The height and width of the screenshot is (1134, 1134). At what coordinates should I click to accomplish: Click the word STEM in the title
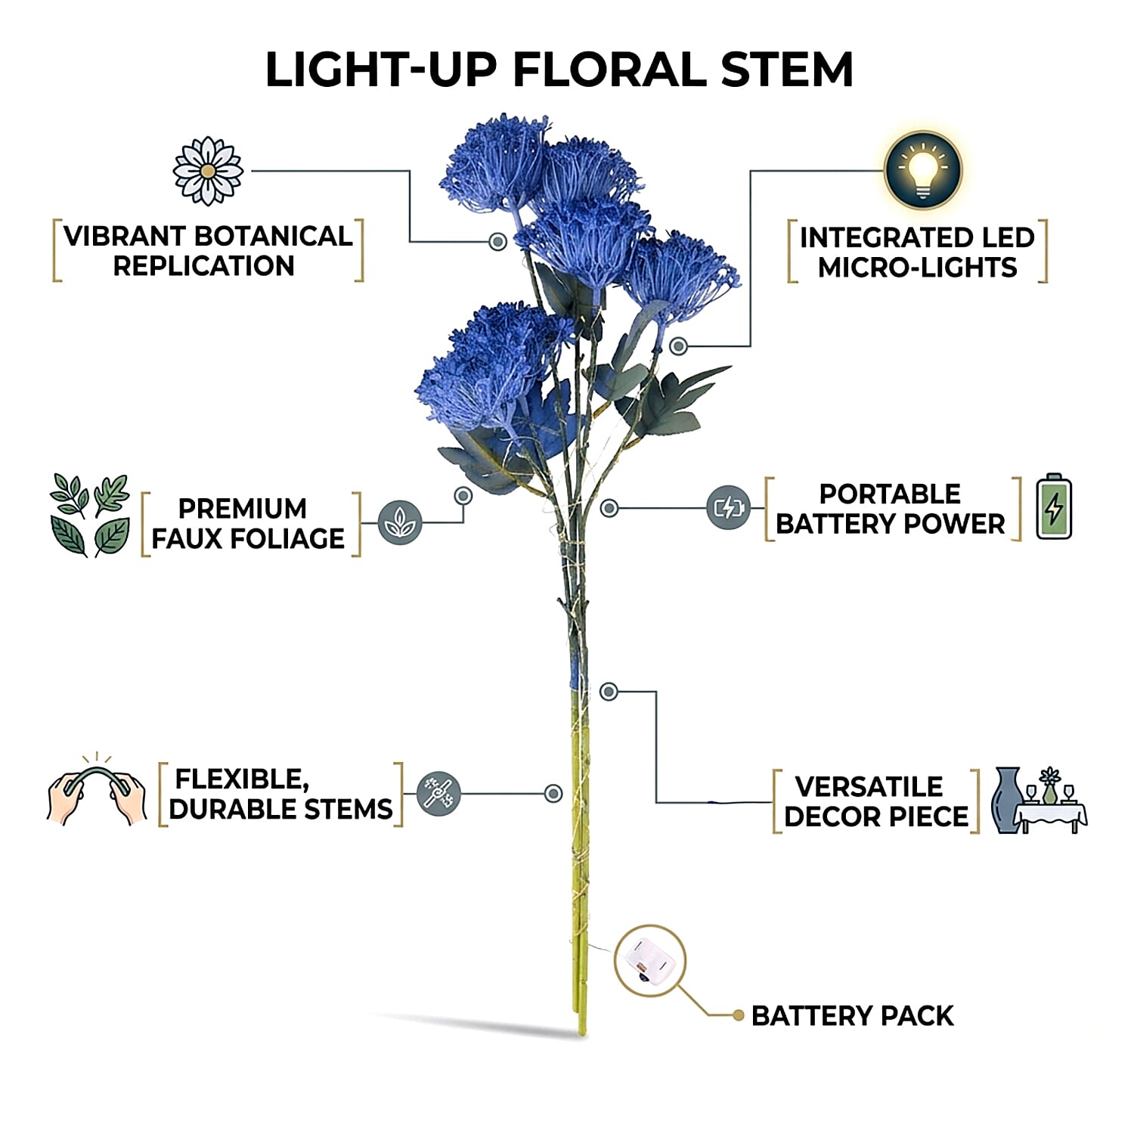(x=786, y=70)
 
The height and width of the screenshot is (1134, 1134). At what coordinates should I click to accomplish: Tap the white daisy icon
(x=208, y=171)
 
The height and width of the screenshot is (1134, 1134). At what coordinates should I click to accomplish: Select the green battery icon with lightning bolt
(x=1054, y=507)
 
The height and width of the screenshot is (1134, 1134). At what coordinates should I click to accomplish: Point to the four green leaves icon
(x=89, y=516)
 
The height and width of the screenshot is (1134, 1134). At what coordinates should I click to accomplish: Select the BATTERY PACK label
(x=852, y=1016)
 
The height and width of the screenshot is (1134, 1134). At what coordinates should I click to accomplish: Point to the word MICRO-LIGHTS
(x=917, y=268)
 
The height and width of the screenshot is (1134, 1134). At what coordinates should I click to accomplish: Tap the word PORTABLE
(x=890, y=494)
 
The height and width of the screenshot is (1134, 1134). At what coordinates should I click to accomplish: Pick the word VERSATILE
(x=869, y=787)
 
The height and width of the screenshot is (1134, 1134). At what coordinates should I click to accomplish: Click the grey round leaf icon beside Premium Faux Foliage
(x=399, y=522)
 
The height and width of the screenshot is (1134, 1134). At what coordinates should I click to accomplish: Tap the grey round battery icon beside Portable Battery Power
(x=728, y=507)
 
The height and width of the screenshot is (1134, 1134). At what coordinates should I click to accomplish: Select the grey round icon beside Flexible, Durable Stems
(x=439, y=794)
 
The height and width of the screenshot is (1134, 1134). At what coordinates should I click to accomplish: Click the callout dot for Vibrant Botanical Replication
(x=497, y=241)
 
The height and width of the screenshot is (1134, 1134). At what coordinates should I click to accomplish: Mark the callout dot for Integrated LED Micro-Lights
(x=679, y=346)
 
